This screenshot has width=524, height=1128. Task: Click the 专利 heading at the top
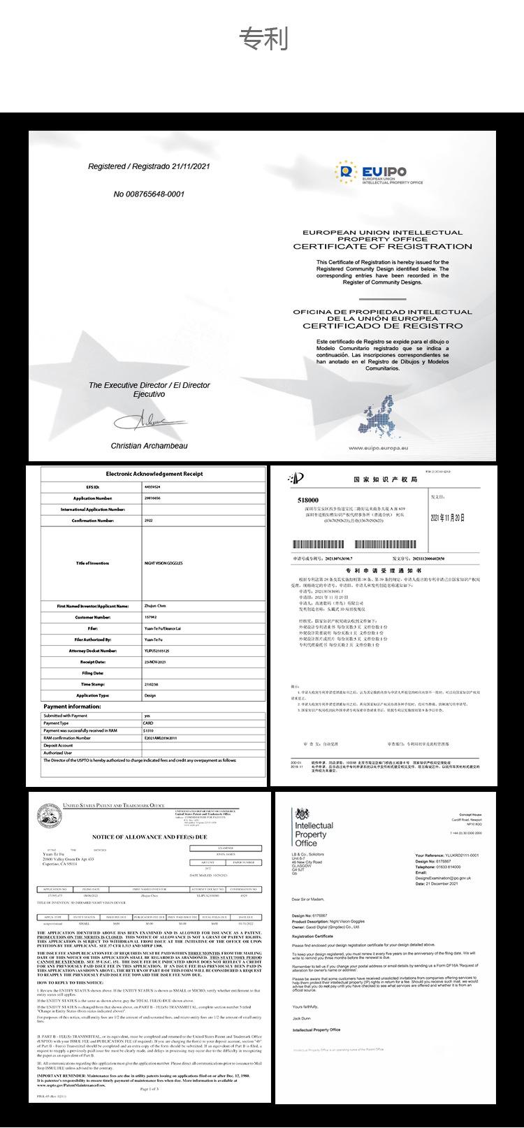(263, 39)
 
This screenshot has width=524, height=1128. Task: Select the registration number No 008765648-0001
(149, 194)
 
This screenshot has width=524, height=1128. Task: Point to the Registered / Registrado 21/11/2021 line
(148, 166)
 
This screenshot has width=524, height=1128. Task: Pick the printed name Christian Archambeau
(149, 445)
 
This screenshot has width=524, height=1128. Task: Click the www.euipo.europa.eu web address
(378, 448)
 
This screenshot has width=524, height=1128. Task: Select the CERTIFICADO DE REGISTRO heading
(382, 326)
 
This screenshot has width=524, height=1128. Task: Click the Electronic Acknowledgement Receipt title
(154, 474)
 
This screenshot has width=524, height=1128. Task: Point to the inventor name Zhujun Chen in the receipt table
(155, 606)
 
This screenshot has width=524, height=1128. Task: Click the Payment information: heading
(72, 707)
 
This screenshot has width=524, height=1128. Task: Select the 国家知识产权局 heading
(385, 479)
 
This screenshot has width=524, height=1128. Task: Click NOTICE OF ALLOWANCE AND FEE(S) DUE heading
(150, 837)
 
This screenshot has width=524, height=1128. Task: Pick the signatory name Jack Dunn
(302, 1019)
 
